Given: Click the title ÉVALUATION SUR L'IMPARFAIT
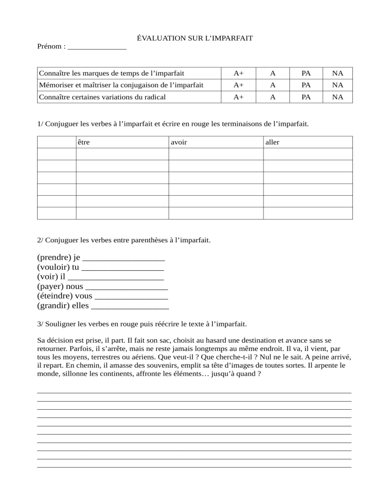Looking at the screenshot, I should click(195, 38).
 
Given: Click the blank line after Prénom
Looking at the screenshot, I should click(96, 47).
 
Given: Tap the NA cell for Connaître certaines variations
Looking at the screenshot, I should click(338, 97).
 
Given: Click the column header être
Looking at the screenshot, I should click(84, 142).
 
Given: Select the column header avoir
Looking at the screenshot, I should click(179, 142).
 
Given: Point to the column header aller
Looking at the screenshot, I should click(272, 142).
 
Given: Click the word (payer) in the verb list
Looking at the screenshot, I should click(51, 286).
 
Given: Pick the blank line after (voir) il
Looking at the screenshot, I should click(115, 277).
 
